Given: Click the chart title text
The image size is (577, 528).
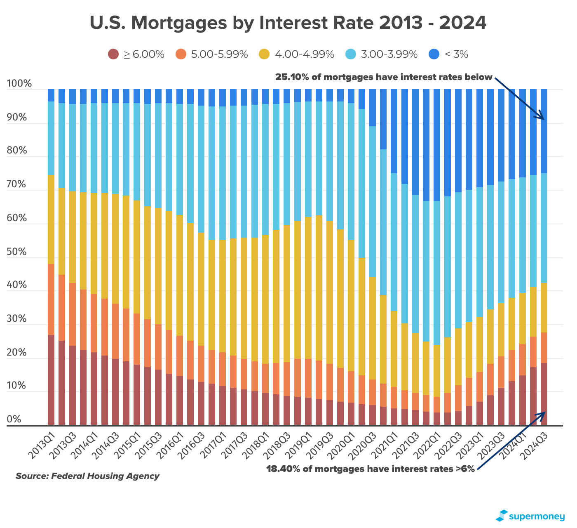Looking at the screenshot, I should point(288,23).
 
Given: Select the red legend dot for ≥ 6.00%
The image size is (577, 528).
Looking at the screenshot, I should point(113,54).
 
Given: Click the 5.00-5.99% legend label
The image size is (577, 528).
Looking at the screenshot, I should point(219,54).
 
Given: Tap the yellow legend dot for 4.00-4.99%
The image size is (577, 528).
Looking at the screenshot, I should point(264,54).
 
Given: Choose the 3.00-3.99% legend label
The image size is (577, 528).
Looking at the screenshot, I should point(389,54).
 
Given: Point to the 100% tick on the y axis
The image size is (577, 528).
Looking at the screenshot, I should point(19,84).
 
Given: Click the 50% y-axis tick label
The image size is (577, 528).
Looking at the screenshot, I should point(19,252).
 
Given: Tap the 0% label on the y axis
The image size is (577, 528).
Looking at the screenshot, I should point(14,420).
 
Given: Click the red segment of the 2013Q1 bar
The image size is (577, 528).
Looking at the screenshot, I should point(51,379).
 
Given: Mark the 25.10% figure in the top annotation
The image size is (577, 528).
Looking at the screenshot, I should point(291,77).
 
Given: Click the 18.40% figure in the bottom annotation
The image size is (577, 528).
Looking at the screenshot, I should point(282,469).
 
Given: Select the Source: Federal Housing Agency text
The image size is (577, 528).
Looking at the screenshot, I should point(87,476).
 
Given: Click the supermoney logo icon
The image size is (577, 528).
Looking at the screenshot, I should point(501,516).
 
